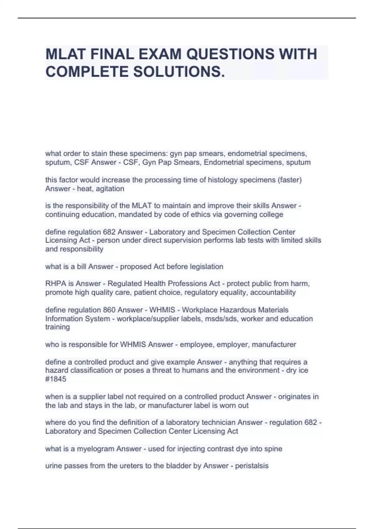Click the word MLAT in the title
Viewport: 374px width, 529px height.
click(65, 54)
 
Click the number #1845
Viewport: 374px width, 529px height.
click(56, 379)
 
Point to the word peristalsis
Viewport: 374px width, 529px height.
click(252, 466)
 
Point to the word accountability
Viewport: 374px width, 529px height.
click(273, 292)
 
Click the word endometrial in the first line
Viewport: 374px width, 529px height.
click(247, 153)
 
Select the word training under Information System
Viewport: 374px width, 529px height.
click(57, 327)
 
